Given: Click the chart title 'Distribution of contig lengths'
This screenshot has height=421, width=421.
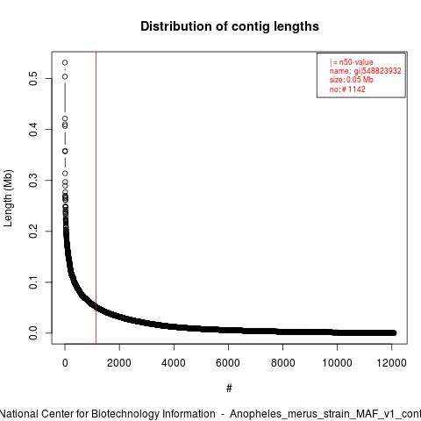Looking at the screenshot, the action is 230,26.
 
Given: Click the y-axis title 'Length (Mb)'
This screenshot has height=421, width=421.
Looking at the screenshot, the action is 8,198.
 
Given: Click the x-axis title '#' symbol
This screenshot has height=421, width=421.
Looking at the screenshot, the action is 229,389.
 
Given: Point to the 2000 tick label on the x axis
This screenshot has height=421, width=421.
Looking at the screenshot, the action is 119,363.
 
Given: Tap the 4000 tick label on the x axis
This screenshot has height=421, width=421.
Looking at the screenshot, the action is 174,363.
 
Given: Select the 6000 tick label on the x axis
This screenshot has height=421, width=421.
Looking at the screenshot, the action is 228,363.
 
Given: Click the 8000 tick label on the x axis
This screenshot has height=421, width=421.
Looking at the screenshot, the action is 282,363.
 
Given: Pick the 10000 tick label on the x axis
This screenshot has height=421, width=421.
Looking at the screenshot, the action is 337,363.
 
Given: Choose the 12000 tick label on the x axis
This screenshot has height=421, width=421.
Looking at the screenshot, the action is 391,363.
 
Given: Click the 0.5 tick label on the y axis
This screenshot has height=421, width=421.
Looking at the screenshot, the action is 33,78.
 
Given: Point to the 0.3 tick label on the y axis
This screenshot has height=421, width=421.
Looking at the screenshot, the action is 33,180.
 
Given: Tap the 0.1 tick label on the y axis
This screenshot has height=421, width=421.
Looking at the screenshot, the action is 33,282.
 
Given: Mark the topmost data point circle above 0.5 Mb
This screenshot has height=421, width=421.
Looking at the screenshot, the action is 65,62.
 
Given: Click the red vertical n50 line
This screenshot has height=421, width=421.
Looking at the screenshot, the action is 96,198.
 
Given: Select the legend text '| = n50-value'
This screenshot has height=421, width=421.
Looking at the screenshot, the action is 352,62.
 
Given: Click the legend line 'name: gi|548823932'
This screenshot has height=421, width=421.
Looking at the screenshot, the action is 366,71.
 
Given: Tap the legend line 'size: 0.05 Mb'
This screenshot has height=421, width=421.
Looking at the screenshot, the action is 352,80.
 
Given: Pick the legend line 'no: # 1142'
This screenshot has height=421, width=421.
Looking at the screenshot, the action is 347,89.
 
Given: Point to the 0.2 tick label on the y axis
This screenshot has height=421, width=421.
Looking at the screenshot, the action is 33,231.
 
